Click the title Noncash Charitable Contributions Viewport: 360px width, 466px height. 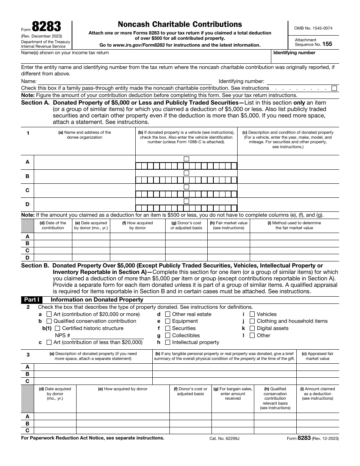coord(180,25)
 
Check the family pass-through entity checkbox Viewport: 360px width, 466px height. coord(334,88)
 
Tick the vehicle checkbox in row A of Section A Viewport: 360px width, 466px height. coord(186,159)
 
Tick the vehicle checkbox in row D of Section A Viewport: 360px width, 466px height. coord(186,201)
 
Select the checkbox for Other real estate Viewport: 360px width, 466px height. coord(167,314)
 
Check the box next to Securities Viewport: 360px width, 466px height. coord(167,328)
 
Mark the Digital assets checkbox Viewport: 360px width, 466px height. coord(252,328)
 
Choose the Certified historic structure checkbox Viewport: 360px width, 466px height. coord(58,328)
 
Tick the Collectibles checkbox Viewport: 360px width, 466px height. coord(167,335)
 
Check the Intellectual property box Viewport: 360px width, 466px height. coord(167,342)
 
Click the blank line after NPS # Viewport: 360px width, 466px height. coord(108,336)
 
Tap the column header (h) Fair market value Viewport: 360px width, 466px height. coord(229,225)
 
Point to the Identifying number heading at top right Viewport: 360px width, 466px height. coord(294,53)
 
